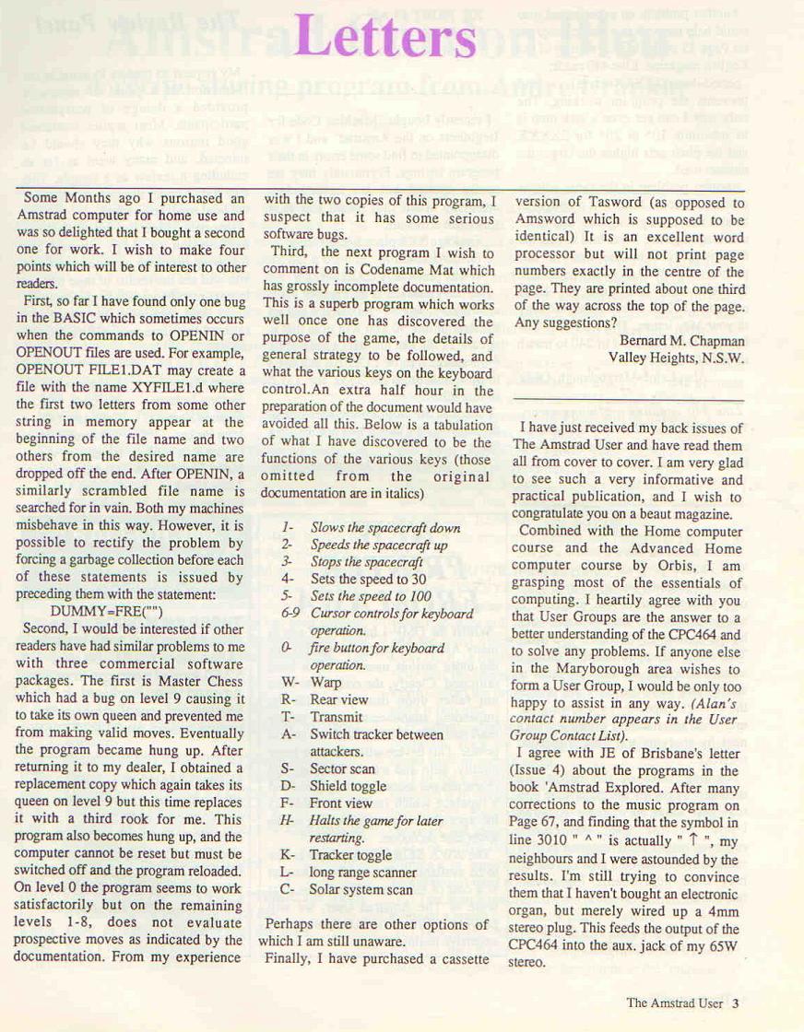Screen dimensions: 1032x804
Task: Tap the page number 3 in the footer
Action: [x=736, y=1003]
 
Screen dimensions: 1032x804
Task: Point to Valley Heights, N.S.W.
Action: [x=676, y=358]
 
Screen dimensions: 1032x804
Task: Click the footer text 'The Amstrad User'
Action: [x=674, y=1003]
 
